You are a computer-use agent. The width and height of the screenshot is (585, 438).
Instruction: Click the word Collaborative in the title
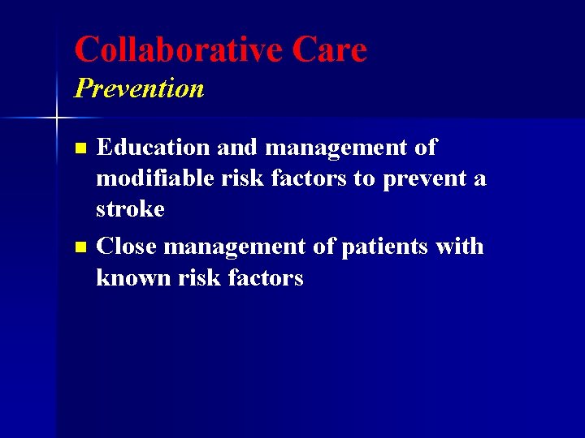(177, 49)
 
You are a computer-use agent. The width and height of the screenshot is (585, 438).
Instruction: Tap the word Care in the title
(329, 49)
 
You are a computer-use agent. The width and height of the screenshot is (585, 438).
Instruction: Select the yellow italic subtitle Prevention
(139, 88)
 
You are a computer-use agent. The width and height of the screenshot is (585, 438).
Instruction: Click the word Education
(152, 148)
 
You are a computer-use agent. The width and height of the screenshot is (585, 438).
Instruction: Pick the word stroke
(130, 209)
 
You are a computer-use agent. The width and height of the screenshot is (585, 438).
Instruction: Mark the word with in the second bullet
(459, 247)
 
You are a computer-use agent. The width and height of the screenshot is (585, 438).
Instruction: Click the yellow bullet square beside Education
(80, 148)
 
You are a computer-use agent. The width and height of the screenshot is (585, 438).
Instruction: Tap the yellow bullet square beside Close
(80, 247)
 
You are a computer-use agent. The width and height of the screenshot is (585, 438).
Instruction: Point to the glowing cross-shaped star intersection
(56, 118)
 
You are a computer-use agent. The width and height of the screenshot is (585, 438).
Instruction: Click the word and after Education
(236, 148)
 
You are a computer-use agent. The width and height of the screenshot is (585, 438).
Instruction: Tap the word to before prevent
(362, 178)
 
